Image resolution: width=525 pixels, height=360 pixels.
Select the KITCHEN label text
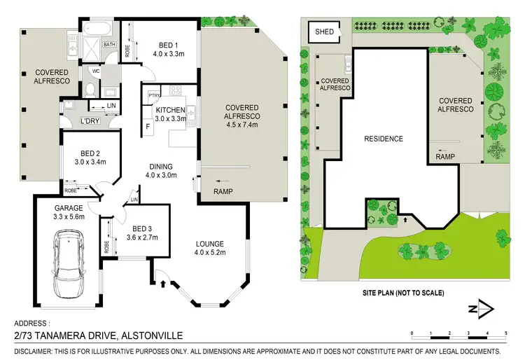(170, 110)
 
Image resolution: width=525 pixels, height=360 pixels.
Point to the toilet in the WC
(90, 90)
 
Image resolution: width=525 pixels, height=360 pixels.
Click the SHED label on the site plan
(325, 32)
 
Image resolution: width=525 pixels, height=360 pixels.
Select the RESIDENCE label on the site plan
(384, 139)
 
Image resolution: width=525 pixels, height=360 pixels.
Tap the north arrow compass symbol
(482, 309)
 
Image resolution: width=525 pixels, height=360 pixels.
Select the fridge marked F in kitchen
(148, 127)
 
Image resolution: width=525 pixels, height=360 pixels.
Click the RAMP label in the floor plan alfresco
(223, 191)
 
